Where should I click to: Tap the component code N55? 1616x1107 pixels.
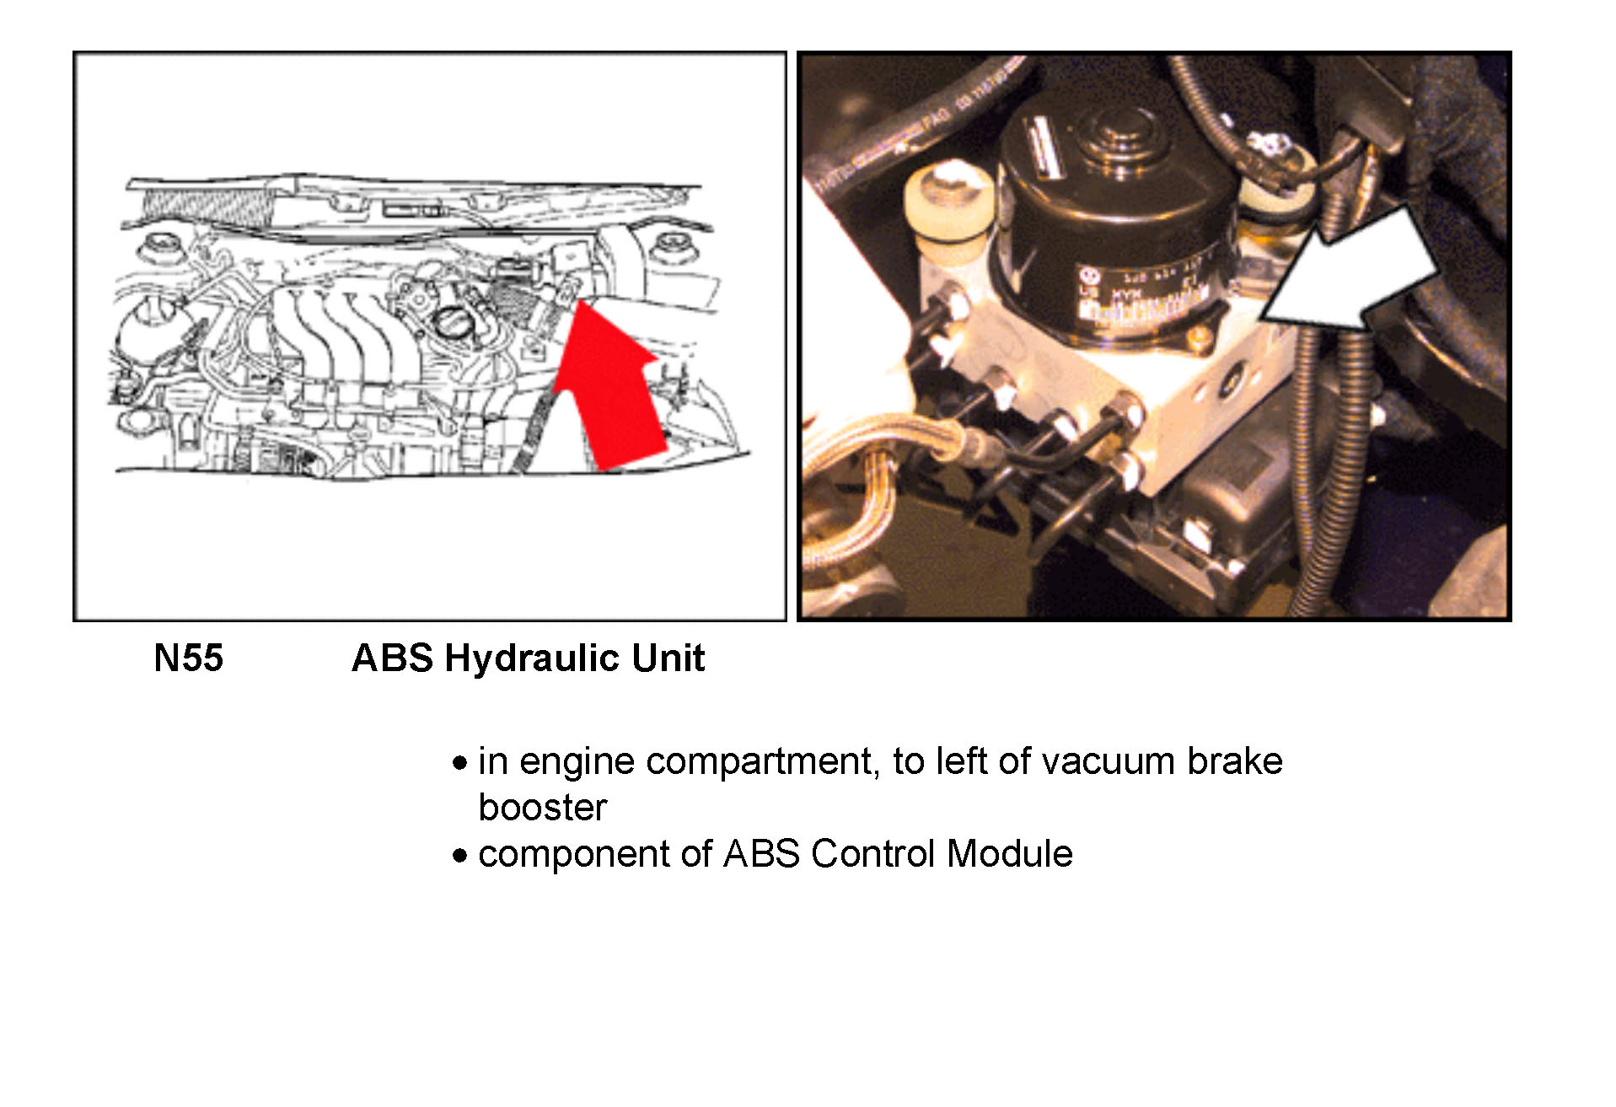click(x=188, y=658)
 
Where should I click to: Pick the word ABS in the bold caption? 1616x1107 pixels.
click(x=392, y=658)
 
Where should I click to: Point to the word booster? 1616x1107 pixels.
click(x=542, y=808)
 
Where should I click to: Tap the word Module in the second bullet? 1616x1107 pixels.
click(x=1009, y=854)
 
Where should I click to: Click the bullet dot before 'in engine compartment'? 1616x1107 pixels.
click(x=459, y=763)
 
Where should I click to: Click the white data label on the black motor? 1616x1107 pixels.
click(x=1142, y=304)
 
